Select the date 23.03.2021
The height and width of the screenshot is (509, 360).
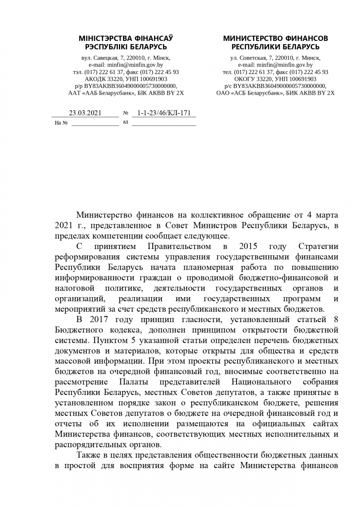[x=85, y=113]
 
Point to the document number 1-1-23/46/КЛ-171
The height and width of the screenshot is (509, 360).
[x=164, y=113]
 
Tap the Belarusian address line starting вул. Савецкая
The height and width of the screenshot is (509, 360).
[x=126, y=58]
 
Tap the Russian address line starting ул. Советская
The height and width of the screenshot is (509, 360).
[x=275, y=58]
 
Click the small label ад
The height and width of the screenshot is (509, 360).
[x=125, y=122]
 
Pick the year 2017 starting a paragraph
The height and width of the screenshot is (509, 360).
[x=99, y=319]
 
